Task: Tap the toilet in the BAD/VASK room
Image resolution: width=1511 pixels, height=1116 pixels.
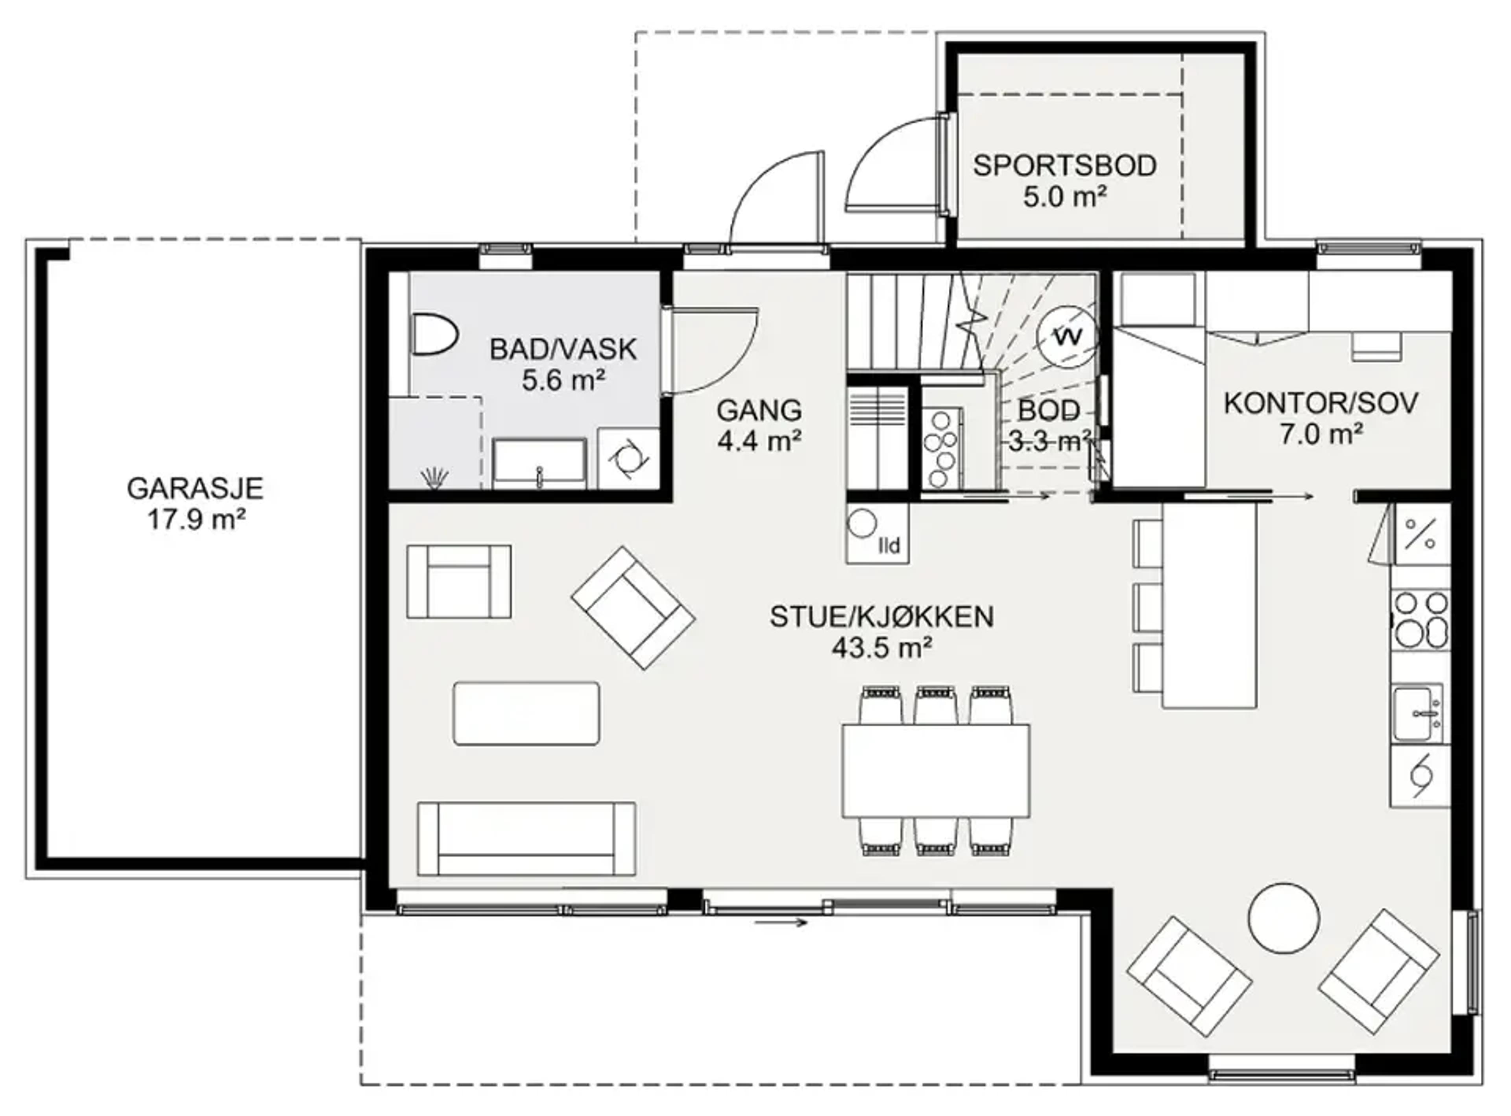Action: (434, 334)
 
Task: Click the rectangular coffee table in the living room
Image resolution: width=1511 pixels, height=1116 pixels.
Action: (526, 713)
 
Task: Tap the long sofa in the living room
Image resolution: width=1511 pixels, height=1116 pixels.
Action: (526, 839)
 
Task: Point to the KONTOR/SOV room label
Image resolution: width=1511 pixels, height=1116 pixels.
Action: (1321, 403)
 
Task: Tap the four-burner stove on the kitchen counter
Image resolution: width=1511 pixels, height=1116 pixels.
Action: (1420, 619)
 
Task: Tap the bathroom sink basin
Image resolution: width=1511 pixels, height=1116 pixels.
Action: (538, 463)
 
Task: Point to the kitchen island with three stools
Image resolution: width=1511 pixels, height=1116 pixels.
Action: (1195, 605)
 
